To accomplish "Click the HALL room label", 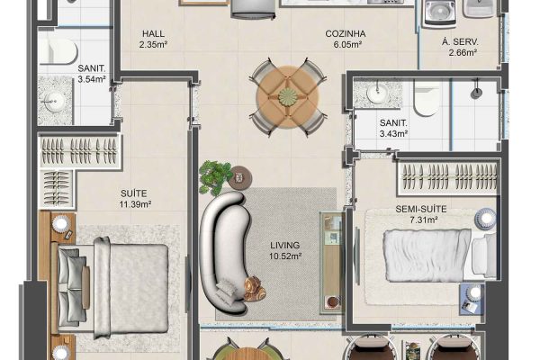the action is pos(153,34).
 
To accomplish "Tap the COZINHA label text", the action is pos(346,34).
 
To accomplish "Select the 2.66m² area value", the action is pos(463,53).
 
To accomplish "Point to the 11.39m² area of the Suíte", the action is pos(135,204).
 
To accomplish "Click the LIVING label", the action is pos(284,246).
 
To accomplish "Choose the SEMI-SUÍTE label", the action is pos(421,209).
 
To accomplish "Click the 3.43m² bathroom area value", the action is pos(393,134).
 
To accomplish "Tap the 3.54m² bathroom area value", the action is pos(91,79).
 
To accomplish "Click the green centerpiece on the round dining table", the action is pos(288,96).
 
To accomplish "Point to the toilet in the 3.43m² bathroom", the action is pos(426,98).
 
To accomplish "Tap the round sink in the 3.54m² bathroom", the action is pos(54,102).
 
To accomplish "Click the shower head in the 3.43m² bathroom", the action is pos(476,92).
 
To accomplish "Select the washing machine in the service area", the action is pos(440,13).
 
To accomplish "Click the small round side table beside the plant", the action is pos(240,178).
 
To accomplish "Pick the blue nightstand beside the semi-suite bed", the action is pos(472,299).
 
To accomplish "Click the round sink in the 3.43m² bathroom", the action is pos(377,93).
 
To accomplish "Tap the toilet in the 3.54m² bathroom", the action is pos(58,51).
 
